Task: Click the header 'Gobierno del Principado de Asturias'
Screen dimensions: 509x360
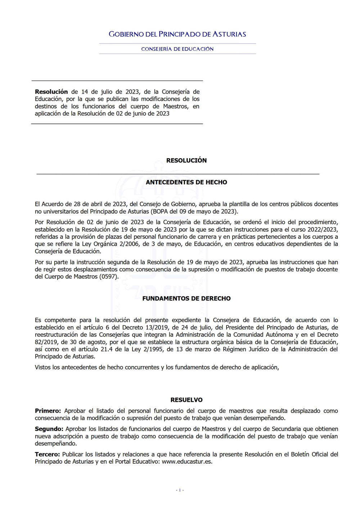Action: click(x=177, y=34)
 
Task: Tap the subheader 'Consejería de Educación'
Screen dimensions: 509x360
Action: click(x=177, y=49)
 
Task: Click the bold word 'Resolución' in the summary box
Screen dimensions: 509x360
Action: click(x=51, y=92)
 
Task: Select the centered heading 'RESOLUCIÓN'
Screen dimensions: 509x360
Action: click(x=186, y=160)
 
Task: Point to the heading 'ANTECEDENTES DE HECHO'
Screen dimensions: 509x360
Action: click(x=186, y=182)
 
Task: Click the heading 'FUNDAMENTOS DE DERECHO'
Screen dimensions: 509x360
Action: click(x=186, y=299)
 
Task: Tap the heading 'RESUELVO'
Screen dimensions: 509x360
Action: click(x=186, y=400)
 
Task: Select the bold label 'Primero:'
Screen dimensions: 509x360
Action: click(x=48, y=411)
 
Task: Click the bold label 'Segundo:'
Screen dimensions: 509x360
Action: click(x=49, y=429)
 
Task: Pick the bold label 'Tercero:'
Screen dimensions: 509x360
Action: click(x=47, y=454)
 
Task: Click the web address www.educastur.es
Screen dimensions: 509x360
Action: click(x=187, y=462)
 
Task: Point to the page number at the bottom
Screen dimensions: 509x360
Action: click(x=180, y=490)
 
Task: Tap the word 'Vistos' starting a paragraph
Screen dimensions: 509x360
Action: click(x=43, y=367)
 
